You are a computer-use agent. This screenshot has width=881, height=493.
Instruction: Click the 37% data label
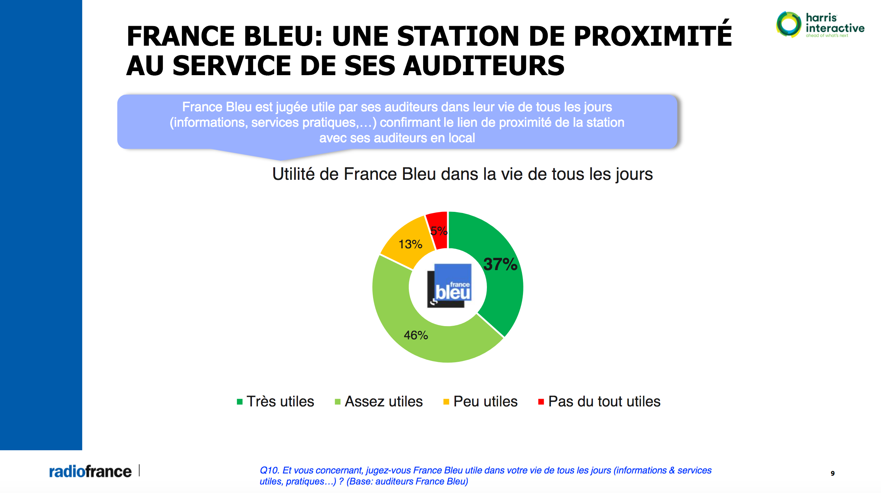pos(500,264)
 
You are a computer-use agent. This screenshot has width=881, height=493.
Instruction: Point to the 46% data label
pos(416,335)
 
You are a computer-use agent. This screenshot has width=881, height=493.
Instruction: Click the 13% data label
pos(410,244)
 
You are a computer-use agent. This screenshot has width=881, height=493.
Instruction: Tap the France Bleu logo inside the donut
pos(450,286)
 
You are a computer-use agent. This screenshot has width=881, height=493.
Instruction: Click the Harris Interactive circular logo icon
pos(789,24)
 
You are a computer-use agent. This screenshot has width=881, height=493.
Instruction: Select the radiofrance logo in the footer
pos(90,472)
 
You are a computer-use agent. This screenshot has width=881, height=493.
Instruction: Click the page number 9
pos(832,473)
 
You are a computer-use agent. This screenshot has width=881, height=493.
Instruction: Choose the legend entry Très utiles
pos(280,402)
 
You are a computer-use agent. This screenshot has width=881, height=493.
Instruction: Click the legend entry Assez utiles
pos(383,402)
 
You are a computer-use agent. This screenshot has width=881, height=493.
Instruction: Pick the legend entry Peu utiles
pos(485,402)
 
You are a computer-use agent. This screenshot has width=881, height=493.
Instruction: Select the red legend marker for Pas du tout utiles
pos(541,402)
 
